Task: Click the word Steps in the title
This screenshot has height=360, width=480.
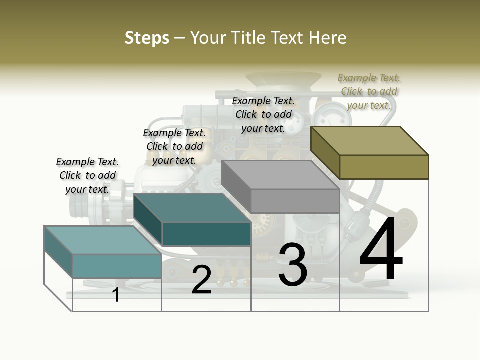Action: click(x=147, y=38)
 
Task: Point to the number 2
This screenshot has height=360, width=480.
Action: click(x=201, y=279)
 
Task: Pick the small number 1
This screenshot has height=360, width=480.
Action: click(x=116, y=295)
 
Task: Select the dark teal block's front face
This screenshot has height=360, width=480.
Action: click(x=206, y=234)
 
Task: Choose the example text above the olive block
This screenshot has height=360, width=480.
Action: click(x=369, y=91)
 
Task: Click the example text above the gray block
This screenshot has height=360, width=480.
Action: click(x=263, y=114)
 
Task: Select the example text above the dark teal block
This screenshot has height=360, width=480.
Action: click(x=174, y=146)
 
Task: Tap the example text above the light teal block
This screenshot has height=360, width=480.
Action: click(x=87, y=175)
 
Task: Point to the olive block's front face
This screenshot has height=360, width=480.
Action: click(x=384, y=167)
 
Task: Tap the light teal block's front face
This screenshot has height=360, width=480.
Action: click(x=117, y=266)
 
